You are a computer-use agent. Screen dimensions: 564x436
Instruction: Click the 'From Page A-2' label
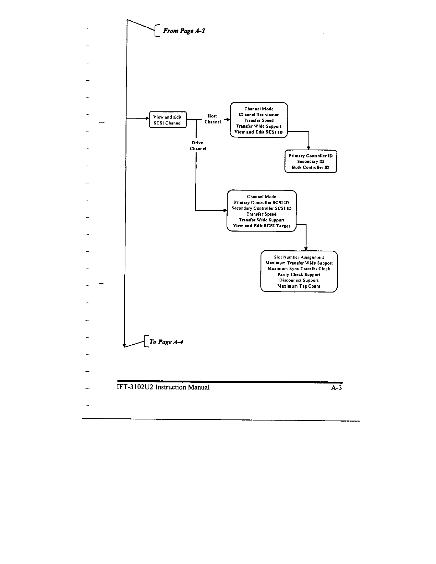[x=183, y=31]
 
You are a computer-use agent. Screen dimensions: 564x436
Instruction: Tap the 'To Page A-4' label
[x=166, y=342]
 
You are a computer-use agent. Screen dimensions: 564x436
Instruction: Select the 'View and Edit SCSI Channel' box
[x=167, y=120]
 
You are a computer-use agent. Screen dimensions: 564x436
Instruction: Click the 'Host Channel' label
[x=212, y=119]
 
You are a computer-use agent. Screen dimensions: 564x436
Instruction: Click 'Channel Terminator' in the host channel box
[x=259, y=115]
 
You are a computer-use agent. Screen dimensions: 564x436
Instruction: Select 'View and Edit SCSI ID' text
[x=258, y=132]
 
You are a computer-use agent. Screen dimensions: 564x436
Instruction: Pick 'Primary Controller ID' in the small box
[x=311, y=156]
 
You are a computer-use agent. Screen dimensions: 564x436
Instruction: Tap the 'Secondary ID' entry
[x=311, y=162]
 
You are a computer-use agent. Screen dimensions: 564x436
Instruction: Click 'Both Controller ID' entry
[x=311, y=167]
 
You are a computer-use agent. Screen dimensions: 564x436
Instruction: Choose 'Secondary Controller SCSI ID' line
[x=261, y=208]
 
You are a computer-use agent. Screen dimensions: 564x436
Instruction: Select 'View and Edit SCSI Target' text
[x=261, y=226]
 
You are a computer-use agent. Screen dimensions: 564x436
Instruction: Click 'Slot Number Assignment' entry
[x=299, y=257]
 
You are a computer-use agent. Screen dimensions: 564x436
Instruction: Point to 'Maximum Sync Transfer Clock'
[x=299, y=269]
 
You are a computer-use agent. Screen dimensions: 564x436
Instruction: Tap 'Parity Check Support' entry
[x=299, y=275]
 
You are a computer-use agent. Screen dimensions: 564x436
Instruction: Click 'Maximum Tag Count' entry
[x=299, y=286]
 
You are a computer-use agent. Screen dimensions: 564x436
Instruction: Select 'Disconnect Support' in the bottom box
[x=299, y=280]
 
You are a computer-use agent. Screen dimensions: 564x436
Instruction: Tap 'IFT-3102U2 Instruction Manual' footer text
[x=163, y=387]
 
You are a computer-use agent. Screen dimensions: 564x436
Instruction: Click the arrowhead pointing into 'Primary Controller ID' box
[x=308, y=148]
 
